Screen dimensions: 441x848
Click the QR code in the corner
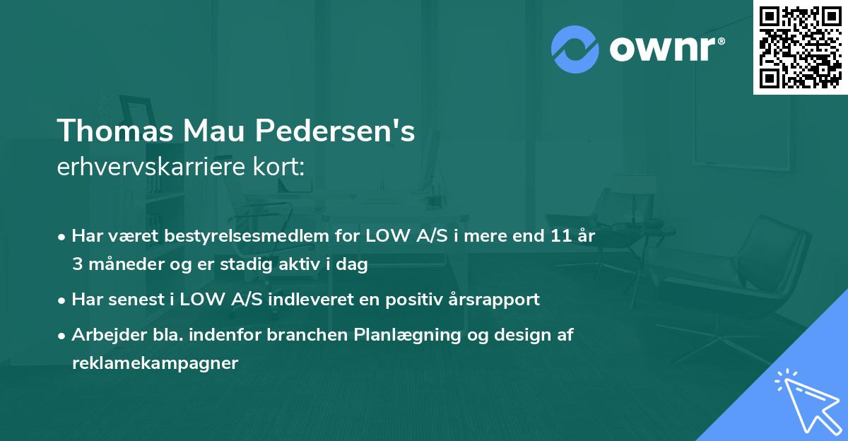pos(800,47)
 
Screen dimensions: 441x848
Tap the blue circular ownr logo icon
pos(575,49)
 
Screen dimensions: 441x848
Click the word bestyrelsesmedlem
pos(245,236)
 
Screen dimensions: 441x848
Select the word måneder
pos(126,264)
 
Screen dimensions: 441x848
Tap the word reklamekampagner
pos(155,363)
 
